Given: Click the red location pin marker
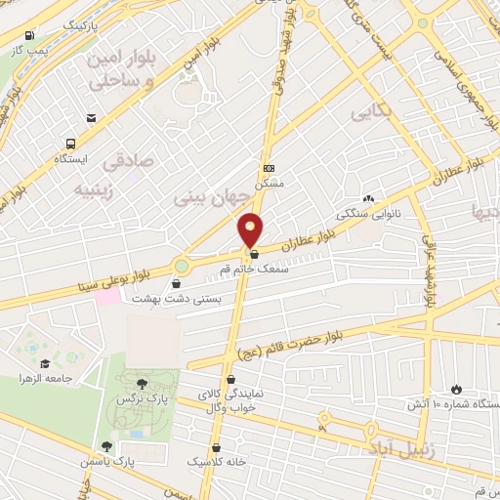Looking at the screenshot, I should click(251, 229).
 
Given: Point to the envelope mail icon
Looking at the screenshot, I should click(91, 118).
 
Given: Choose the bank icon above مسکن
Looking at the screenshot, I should click(269, 167).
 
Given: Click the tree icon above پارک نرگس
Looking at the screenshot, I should click(142, 384).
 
